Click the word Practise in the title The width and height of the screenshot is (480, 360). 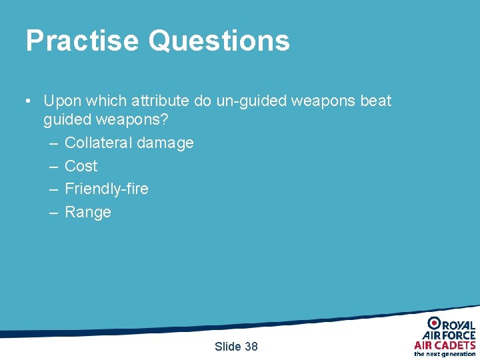[x=82, y=41]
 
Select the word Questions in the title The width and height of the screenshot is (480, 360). [x=219, y=41]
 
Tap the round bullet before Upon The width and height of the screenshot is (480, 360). [x=28, y=101]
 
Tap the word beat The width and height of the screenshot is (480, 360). [x=375, y=101]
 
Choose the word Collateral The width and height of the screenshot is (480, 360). [x=98, y=143]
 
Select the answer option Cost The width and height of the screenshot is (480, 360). [x=81, y=166]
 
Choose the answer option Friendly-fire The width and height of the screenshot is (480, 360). [x=106, y=189]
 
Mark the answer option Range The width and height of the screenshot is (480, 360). [x=87, y=212]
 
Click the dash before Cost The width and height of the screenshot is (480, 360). [x=53, y=166]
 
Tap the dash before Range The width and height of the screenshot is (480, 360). [x=53, y=212]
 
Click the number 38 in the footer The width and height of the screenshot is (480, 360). [x=251, y=346]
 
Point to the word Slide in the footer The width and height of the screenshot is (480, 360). [x=228, y=346]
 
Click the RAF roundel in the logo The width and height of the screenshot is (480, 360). [x=434, y=323]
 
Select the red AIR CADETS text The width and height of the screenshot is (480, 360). [x=445, y=345]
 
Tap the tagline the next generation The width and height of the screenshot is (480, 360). [x=445, y=354]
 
